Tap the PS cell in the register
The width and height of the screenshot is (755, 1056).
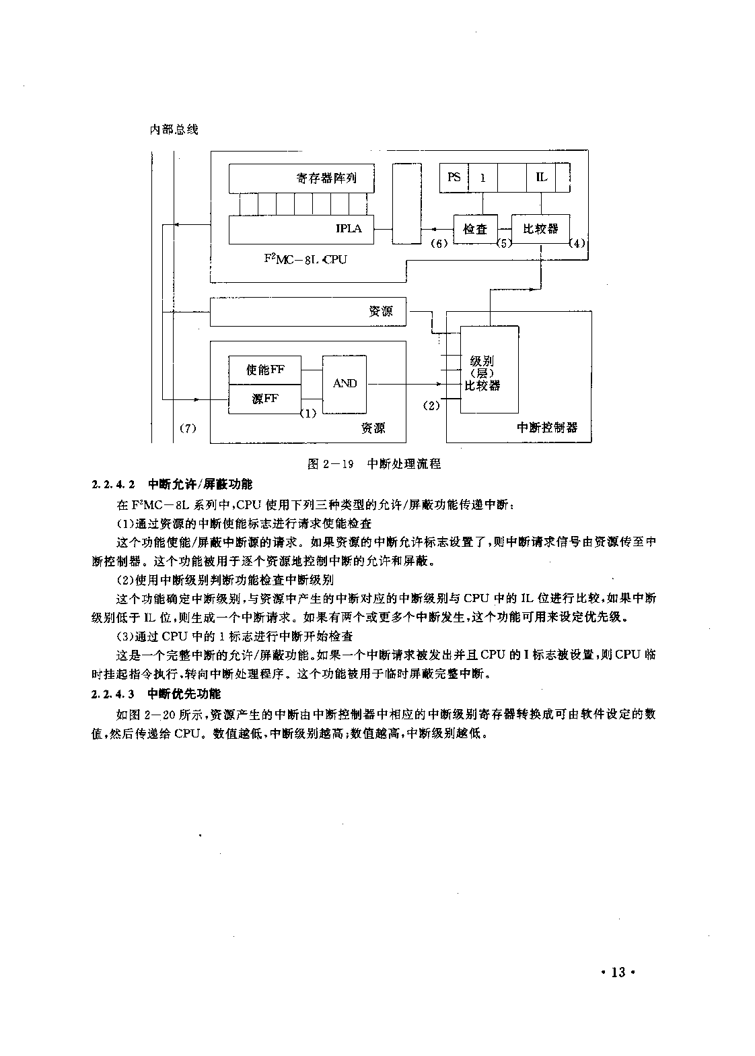(x=454, y=177)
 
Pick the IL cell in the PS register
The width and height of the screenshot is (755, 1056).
(x=541, y=177)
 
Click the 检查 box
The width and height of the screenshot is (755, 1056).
(x=475, y=229)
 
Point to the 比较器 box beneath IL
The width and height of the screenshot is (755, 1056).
(x=541, y=229)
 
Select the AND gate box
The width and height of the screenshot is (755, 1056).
(x=345, y=385)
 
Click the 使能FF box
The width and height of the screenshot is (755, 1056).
(x=264, y=370)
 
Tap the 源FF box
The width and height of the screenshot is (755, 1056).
(x=264, y=399)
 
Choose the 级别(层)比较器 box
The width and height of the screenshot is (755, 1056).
(x=489, y=370)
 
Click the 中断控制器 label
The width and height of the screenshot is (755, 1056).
(x=547, y=428)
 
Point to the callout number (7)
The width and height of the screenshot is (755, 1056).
(x=188, y=428)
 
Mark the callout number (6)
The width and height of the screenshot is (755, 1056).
(x=439, y=244)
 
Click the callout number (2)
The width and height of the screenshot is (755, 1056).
(x=431, y=405)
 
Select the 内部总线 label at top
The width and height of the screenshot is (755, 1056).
(x=174, y=129)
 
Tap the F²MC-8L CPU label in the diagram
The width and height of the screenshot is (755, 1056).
(x=305, y=259)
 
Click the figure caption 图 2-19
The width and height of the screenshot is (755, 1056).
(x=330, y=464)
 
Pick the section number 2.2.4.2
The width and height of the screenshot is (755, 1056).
(x=113, y=484)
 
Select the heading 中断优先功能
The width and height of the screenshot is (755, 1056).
(x=184, y=694)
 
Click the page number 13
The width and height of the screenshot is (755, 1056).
(x=618, y=972)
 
